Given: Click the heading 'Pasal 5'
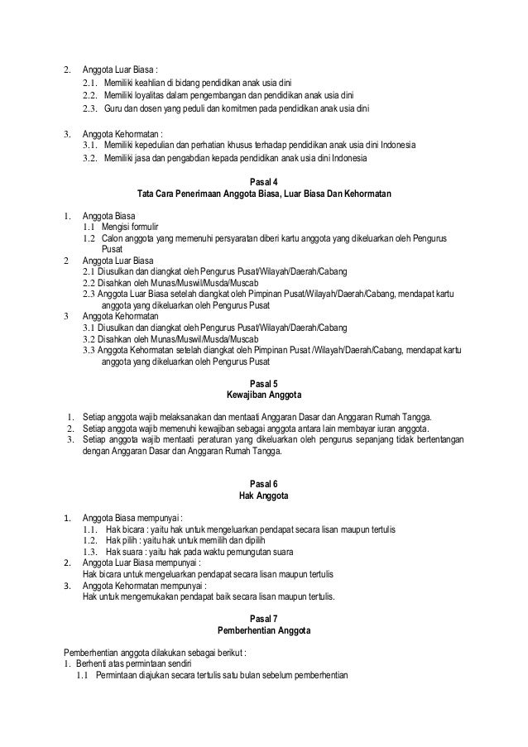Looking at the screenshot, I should tap(264, 382).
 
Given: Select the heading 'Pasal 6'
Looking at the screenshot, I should tap(264, 484).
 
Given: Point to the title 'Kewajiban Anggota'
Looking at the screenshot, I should tap(264, 394).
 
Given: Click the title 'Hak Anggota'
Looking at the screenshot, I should tap(264, 496).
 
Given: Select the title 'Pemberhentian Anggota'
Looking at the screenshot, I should tap(264, 630).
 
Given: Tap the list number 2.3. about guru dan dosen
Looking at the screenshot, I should tap(90, 109).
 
